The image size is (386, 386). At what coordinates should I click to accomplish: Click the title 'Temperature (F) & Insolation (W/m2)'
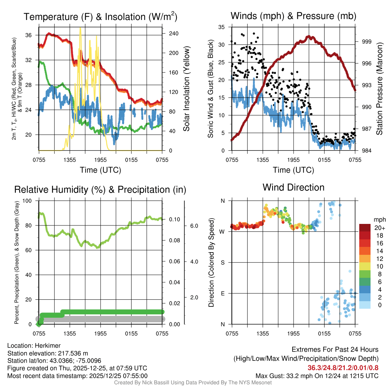coord(100,17)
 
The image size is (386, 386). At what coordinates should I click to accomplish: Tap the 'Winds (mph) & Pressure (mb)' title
coord(293,16)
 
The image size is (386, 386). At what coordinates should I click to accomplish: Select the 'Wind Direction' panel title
coord(293,187)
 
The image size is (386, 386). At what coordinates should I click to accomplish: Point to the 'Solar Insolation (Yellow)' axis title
coord(186,89)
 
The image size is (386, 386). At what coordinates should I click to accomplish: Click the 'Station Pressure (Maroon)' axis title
coord(379,89)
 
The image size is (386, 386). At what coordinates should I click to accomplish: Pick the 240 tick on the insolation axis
coord(173,33)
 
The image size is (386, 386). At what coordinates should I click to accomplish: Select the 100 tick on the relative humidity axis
coord(28,201)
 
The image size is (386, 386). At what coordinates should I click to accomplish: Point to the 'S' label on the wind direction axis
coord(222,262)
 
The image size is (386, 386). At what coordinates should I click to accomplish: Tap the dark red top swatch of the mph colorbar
coord(365,228)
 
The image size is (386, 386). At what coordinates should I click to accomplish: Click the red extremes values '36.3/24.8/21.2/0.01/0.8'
coord(343,368)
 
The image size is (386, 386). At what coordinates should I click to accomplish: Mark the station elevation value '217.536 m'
coord(74,353)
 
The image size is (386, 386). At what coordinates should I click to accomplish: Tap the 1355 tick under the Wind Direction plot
coord(263,334)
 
